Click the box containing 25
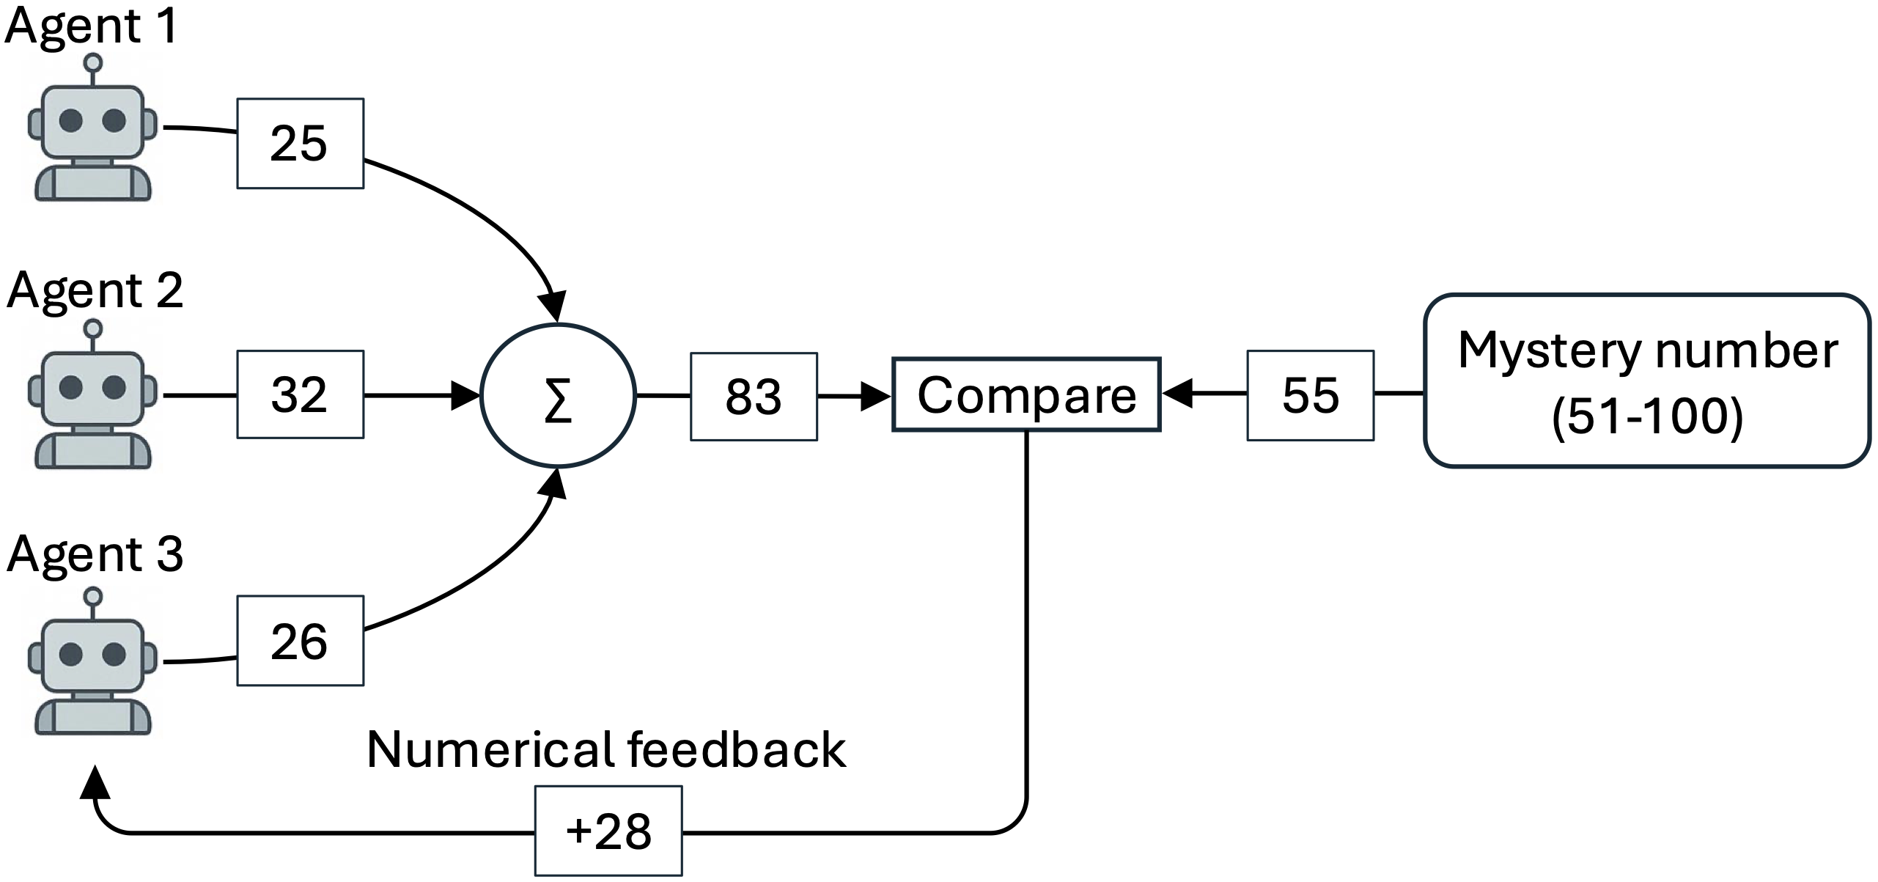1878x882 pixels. pos(300,144)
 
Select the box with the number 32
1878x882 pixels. pos(300,394)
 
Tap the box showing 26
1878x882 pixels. pos(300,641)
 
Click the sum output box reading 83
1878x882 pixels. pos(754,397)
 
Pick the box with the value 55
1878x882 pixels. pos(1310,395)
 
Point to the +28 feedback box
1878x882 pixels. pos(608,831)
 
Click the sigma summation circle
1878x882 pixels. pos(558,395)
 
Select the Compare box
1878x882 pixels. pos(1025,394)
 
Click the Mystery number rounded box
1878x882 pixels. pos(1647,381)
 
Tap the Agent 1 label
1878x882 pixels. pos(92,26)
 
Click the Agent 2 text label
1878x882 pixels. pos(95,290)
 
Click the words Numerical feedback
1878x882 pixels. pos(606,749)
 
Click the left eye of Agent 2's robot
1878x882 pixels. pos(71,387)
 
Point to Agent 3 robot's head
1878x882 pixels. pos(92,654)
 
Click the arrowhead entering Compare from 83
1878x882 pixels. pos(875,397)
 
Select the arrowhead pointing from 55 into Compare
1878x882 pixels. pos(1177,394)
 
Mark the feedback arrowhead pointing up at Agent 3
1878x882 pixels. pos(95,784)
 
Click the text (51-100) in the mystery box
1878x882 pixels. pos(1647,418)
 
